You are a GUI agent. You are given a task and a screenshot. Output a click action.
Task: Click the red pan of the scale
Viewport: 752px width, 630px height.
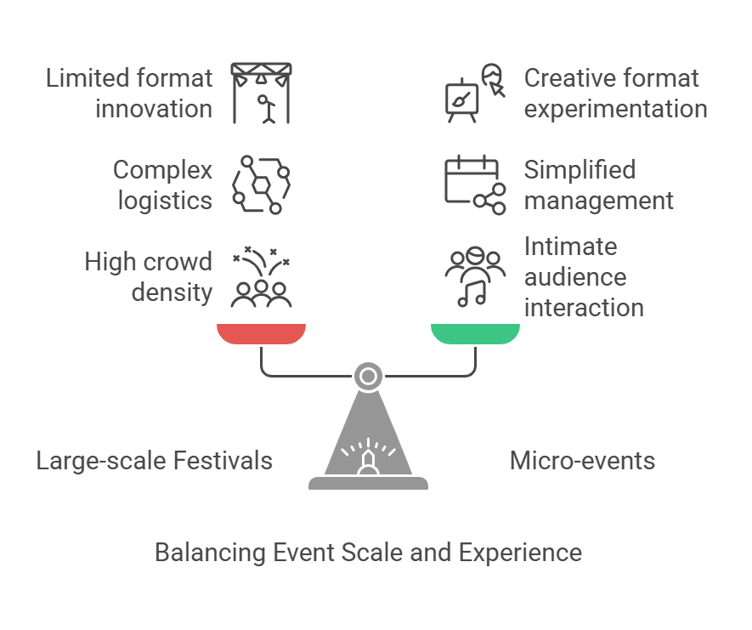pyautogui.click(x=261, y=333)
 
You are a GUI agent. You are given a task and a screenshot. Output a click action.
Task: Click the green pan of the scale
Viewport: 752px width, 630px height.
pyautogui.click(x=475, y=333)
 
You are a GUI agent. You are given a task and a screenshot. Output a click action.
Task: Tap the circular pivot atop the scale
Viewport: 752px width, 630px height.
pyautogui.click(x=368, y=376)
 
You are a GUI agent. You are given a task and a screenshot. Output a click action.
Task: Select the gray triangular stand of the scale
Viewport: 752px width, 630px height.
pyautogui.click(x=368, y=442)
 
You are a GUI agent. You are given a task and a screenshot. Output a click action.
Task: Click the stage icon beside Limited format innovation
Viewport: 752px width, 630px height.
pyautogui.click(x=262, y=93)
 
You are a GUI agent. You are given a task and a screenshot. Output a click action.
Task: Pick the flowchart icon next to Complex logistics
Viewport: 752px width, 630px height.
pyautogui.click(x=262, y=184)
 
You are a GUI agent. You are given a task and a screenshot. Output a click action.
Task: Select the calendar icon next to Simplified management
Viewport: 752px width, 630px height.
pyautogui.click(x=474, y=184)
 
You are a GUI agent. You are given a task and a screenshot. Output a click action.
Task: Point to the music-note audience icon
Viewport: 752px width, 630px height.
pyautogui.click(x=474, y=277)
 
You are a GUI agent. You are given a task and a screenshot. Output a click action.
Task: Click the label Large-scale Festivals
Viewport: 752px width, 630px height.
pyautogui.click(x=154, y=461)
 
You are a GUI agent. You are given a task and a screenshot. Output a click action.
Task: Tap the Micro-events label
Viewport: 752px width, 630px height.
pyautogui.click(x=582, y=461)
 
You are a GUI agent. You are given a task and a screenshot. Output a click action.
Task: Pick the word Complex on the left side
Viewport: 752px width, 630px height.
pyautogui.click(x=162, y=170)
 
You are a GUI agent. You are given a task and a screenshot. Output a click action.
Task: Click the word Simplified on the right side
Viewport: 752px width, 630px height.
pyautogui.click(x=580, y=170)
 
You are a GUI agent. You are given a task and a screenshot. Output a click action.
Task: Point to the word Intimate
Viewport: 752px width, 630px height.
pyautogui.click(x=570, y=247)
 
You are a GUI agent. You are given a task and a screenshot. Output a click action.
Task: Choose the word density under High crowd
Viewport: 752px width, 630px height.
pyautogui.click(x=172, y=292)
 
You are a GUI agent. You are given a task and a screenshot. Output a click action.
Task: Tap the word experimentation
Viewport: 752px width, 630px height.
pyautogui.click(x=615, y=109)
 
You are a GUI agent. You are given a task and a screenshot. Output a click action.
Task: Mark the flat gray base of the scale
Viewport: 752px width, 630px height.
pyautogui.click(x=368, y=483)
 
